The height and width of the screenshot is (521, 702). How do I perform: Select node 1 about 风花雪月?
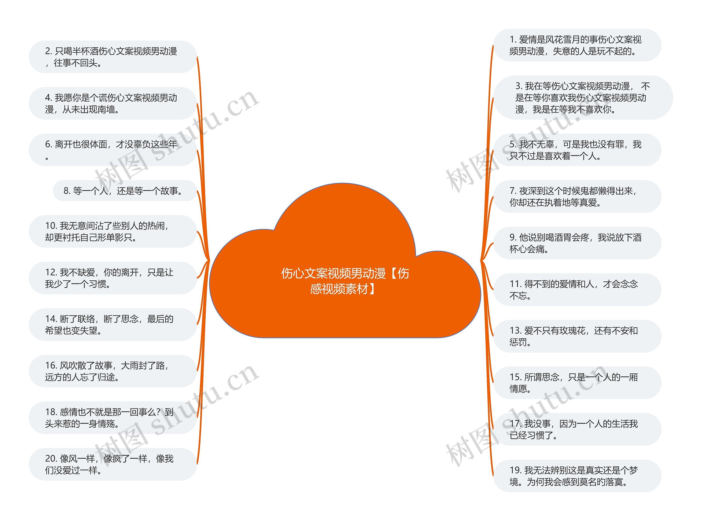pyautogui.click(x=577, y=45)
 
